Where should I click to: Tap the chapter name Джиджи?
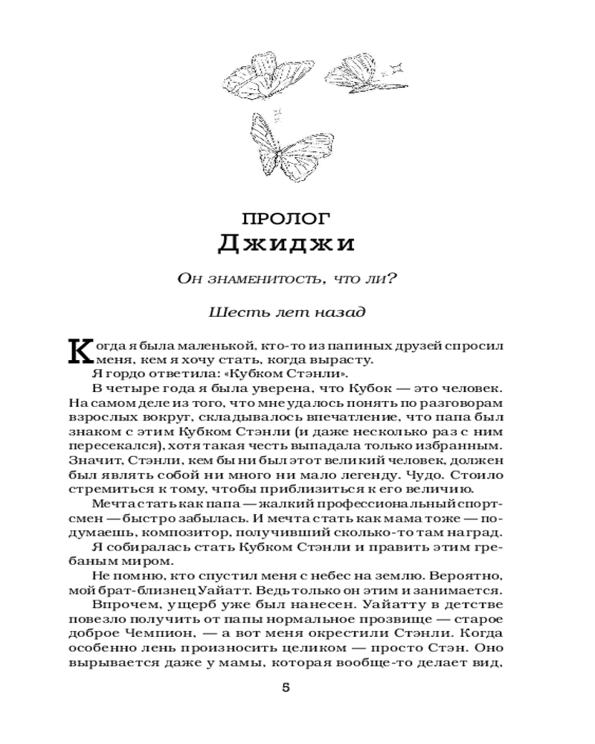[286, 244]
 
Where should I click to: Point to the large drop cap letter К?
[79, 351]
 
